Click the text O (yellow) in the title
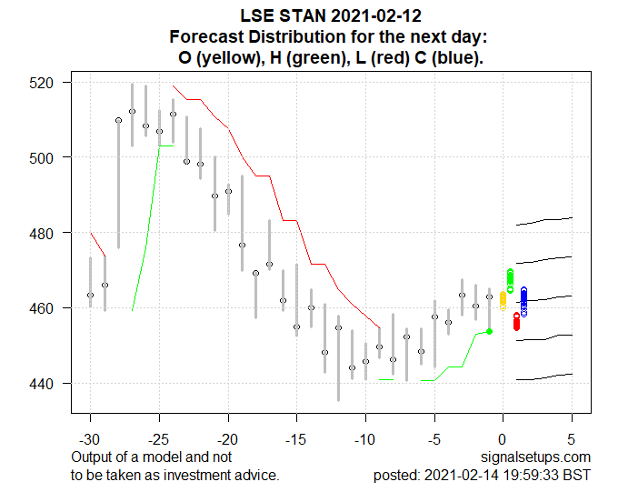click(x=222, y=58)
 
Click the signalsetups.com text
click(x=544, y=457)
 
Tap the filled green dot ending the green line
click(x=489, y=331)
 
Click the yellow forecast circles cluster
click(x=503, y=299)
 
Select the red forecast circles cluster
click(x=516, y=321)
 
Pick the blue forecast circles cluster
click(x=523, y=301)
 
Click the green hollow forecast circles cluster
click(x=510, y=280)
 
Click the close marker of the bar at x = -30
click(x=90, y=295)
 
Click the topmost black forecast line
click(x=543, y=221)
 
